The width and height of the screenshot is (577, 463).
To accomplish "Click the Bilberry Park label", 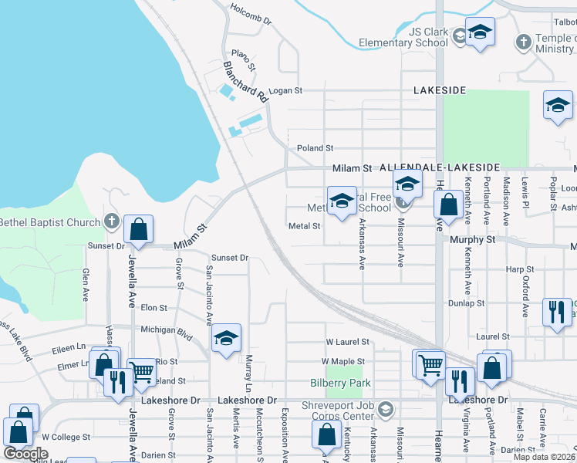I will tap(340, 383).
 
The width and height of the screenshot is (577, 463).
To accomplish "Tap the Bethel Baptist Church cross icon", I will tap(112, 222).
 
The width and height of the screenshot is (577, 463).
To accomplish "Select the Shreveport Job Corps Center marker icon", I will tap(386, 409).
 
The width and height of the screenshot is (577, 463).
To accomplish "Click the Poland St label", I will tap(315, 147).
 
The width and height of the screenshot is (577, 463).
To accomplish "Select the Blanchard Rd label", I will tap(245, 83).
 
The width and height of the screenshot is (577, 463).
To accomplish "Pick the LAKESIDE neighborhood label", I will tap(440, 90).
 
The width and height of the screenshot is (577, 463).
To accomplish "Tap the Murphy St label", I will tap(472, 240).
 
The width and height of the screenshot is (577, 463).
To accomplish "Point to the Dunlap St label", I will tap(467, 303).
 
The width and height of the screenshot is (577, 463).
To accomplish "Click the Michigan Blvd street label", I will tap(166, 330).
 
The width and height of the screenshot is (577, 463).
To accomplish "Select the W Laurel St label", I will tap(347, 341).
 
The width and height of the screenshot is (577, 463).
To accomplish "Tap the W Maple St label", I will tap(344, 361).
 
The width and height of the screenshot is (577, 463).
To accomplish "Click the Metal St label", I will tap(304, 226).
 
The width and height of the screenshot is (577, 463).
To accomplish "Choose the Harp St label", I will tap(515, 269).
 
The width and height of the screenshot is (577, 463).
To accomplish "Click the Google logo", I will tap(25, 454).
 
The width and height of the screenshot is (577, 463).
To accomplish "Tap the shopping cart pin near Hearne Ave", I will tap(430, 363).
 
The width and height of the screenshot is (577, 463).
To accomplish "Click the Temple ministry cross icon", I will tap(524, 41).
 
